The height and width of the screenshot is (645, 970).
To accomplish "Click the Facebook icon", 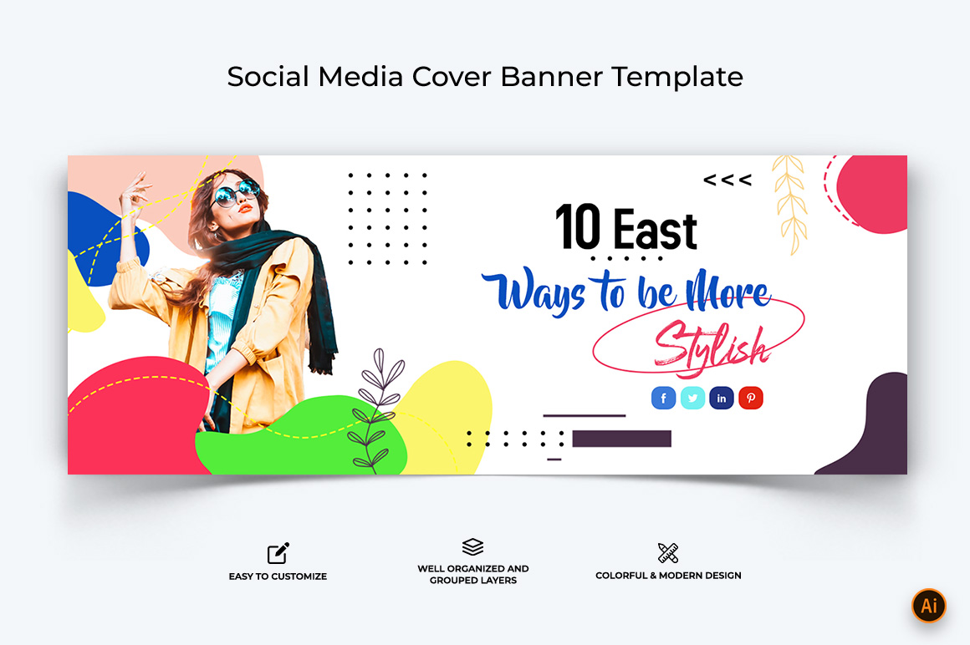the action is click(x=663, y=398).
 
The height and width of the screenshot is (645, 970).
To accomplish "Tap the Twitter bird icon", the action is click(x=692, y=398).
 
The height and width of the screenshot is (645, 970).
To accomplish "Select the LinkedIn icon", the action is click(x=722, y=398).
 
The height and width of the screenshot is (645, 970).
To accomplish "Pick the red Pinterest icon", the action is click(x=750, y=398).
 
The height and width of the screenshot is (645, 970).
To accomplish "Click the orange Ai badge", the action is click(x=928, y=606).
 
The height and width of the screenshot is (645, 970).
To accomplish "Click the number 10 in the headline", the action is click(x=578, y=226).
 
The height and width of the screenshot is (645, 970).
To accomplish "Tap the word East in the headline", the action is click(x=656, y=229).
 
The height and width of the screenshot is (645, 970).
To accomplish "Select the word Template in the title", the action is click(x=677, y=77).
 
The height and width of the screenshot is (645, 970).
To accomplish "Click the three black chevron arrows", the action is click(x=727, y=180).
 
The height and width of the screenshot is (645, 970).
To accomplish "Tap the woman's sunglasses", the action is click(x=235, y=192).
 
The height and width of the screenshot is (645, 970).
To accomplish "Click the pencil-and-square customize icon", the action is click(x=278, y=553).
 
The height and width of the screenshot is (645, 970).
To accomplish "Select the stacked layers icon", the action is click(x=472, y=546).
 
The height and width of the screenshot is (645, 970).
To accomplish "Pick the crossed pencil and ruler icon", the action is click(x=668, y=553).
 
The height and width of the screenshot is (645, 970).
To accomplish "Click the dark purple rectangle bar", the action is click(x=621, y=439).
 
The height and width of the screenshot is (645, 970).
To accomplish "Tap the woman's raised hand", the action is click(x=135, y=190).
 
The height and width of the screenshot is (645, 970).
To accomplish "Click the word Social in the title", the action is click(x=268, y=77).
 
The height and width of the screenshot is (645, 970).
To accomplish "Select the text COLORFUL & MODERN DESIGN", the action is click(x=668, y=575).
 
